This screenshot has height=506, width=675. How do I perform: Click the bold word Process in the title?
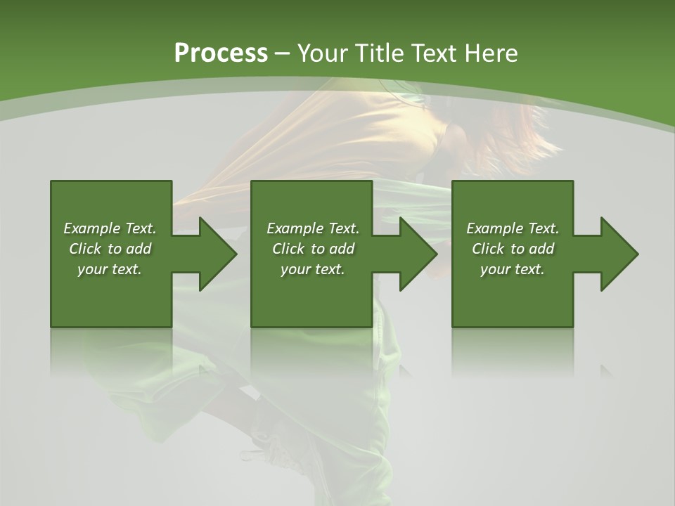click(x=221, y=53)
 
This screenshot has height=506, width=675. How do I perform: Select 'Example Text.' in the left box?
click(x=110, y=228)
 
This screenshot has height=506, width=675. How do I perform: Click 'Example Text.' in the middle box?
click(x=313, y=228)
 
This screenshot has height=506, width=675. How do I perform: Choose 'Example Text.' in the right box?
click(x=513, y=228)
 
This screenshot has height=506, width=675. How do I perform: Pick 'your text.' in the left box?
click(x=110, y=269)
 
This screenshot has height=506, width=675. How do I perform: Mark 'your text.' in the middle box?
click(x=313, y=269)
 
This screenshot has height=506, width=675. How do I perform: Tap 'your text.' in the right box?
click(x=513, y=269)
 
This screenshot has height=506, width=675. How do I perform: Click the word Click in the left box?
click(x=85, y=249)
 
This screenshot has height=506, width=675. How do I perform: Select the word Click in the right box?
click(x=488, y=249)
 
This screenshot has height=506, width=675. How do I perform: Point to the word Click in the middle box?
click(x=288, y=249)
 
